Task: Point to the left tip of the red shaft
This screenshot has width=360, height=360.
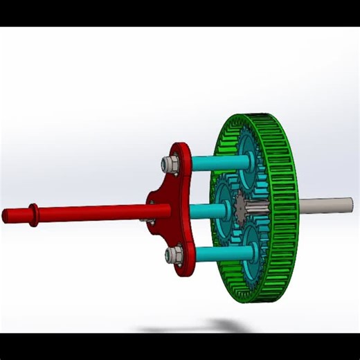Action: [x=6, y=216]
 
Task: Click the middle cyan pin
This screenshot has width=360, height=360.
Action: [x=204, y=210]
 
